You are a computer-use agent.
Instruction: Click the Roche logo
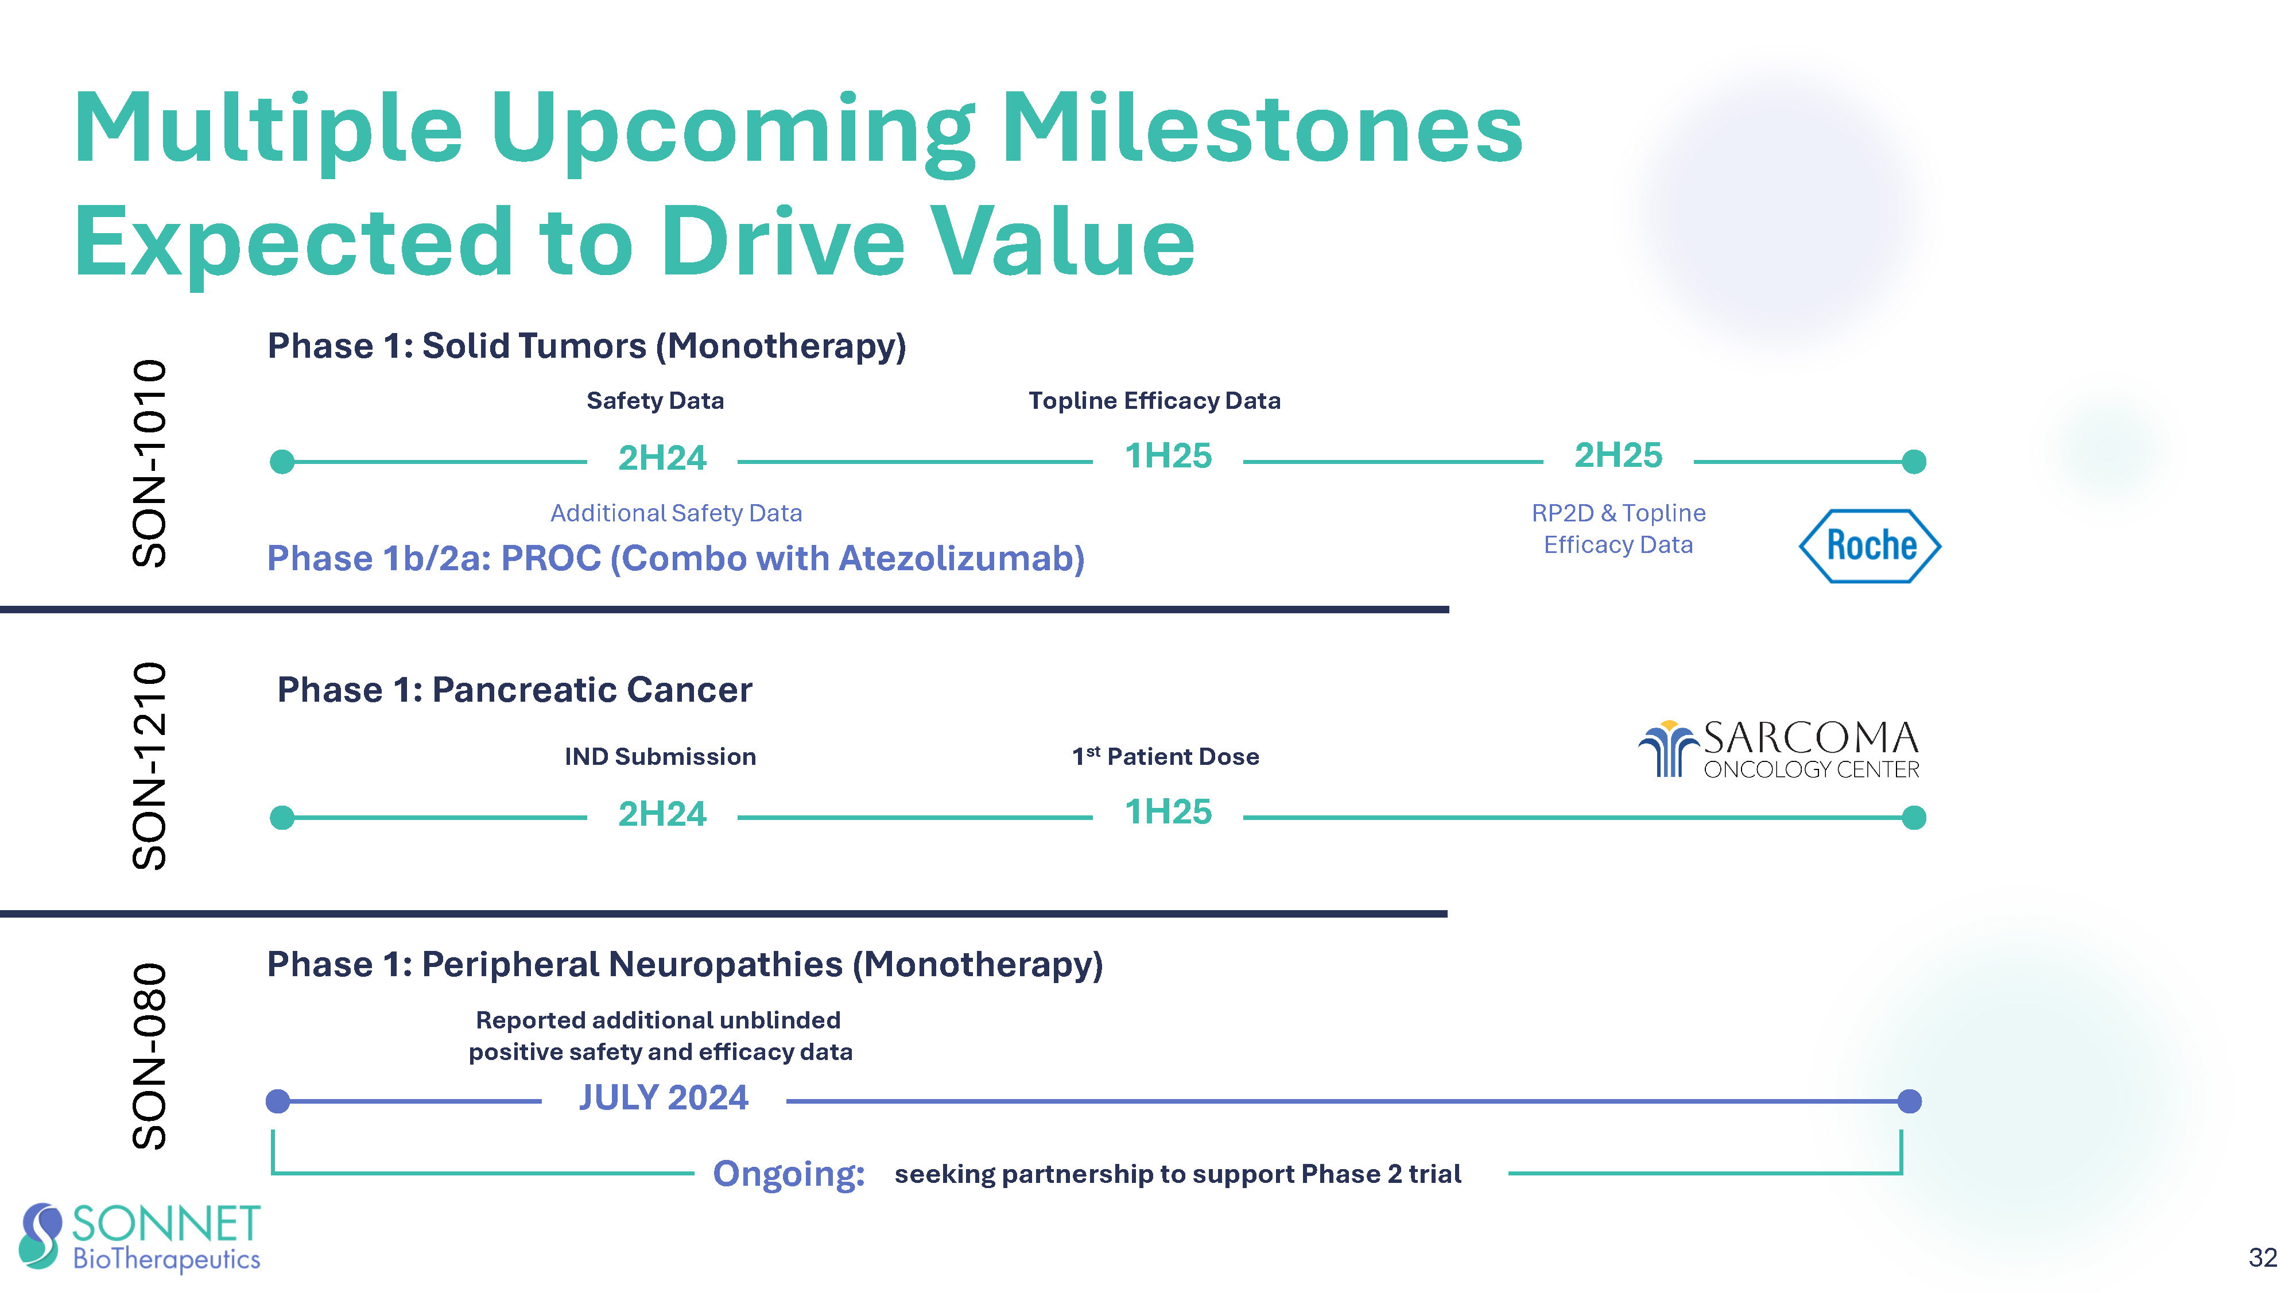pyautogui.click(x=1870, y=546)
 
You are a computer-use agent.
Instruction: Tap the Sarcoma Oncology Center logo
pyautogui.click(x=1779, y=749)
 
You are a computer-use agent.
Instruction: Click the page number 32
pyautogui.click(x=2263, y=1257)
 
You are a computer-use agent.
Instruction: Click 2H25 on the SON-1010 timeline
pyautogui.click(x=1618, y=455)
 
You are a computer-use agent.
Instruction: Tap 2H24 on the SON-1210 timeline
pyautogui.click(x=662, y=814)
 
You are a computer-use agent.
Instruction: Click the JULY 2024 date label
pyautogui.click(x=664, y=1097)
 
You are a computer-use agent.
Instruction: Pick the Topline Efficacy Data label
pyautogui.click(x=1154, y=400)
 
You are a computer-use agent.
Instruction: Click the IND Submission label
pyautogui.click(x=661, y=756)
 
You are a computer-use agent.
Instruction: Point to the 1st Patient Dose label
pyautogui.click(x=1165, y=756)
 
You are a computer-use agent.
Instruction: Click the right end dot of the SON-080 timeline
pyautogui.click(x=1909, y=1101)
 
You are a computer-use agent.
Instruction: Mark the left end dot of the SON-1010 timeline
pyautogui.click(x=282, y=462)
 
